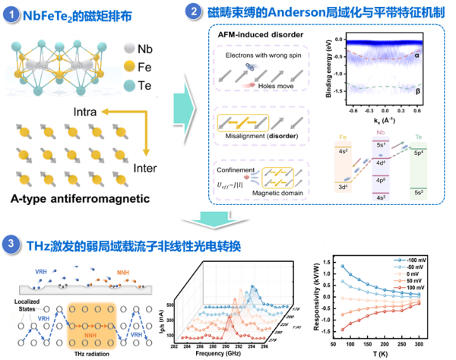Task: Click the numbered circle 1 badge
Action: pyautogui.click(x=11, y=13)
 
